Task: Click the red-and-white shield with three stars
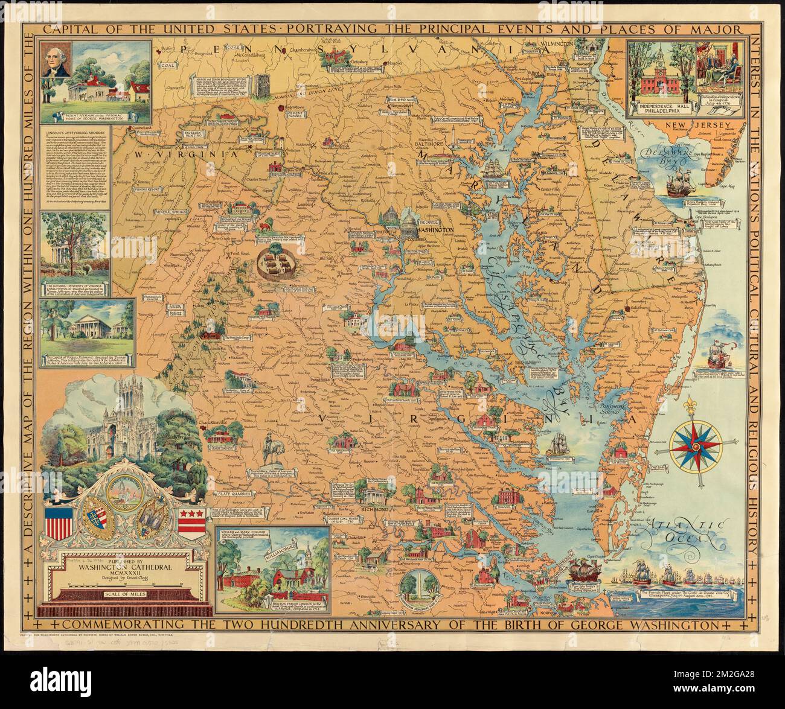pos(191,518)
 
